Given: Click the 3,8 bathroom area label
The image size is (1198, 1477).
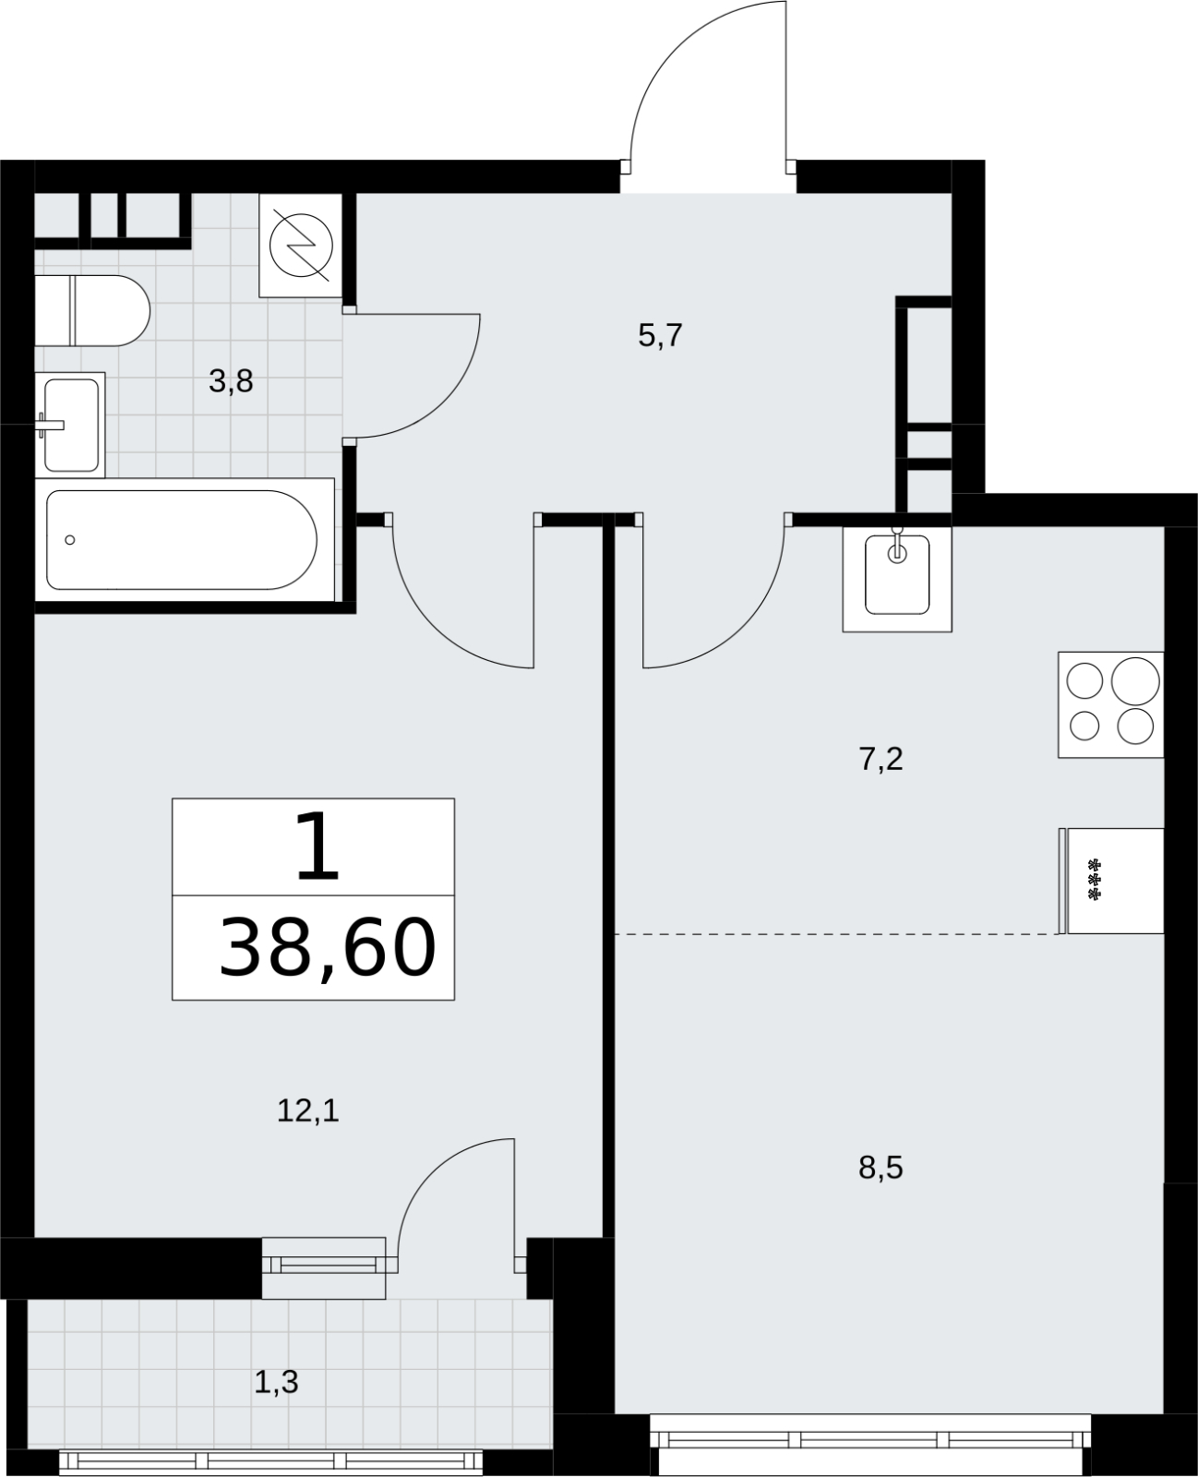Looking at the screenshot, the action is (231, 382).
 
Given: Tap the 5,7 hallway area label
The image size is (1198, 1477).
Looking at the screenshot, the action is (660, 336).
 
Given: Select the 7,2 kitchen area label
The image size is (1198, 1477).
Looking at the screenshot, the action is (881, 760).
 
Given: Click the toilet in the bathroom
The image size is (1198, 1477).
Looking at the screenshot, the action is (92, 311).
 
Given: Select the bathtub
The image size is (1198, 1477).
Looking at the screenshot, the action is (185, 540).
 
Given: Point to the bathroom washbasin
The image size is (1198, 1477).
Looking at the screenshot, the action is (70, 425).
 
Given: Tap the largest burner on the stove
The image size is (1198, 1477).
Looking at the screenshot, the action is (1135, 681).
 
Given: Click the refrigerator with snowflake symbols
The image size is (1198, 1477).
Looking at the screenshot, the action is (1111, 881).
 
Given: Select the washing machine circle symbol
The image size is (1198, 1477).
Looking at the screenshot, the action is (301, 245).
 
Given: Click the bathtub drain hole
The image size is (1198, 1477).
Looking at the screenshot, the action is (69, 540).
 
